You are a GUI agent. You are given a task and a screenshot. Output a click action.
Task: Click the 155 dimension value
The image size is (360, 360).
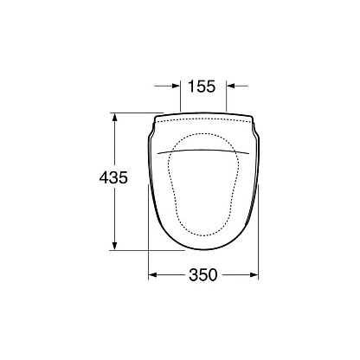click(x=202, y=86)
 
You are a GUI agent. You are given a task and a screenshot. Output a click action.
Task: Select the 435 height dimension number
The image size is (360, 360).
click(x=113, y=177)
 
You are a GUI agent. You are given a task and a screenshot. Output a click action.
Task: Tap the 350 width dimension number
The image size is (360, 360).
click(x=202, y=275)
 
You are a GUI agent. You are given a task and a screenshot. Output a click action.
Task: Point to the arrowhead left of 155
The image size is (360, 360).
click(x=176, y=86)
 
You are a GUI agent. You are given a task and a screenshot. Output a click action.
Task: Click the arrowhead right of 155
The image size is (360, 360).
click(x=231, y=86)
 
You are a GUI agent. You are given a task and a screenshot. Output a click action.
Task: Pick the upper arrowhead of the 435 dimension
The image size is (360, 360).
click(x=115, y=118)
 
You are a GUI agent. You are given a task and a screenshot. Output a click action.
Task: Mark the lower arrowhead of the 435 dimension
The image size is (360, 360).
click(x=115, y=246)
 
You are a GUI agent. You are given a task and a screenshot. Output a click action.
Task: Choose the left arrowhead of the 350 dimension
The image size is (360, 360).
click(x=152, y=275)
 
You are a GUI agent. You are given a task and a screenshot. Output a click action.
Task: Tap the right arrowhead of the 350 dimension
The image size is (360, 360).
click(x=254, y=275)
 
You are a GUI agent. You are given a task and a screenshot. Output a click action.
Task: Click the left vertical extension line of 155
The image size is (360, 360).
click(x=180, y=96)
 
